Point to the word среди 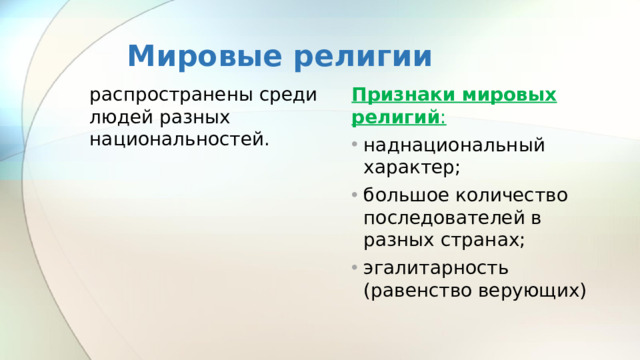tap(289, 97)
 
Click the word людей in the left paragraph tap(119, 117)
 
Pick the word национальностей tap(179, 138)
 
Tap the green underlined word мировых tap(510, 95)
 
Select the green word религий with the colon tap(398, 117)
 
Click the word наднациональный tap(455, 146)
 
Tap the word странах tap(480, 240)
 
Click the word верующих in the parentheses tap(531, 290)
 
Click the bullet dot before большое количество tap(355, 195)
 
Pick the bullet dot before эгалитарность tap(355, 268)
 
